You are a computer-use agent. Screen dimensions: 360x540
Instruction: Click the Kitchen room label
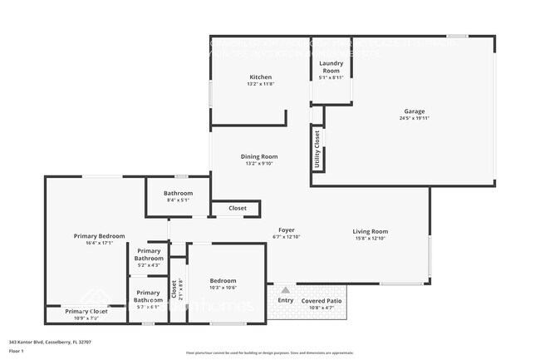point(260,76)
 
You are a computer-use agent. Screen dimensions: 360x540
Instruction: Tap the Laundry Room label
point(331,67)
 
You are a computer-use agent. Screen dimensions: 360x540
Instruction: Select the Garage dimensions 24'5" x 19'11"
point(414,118)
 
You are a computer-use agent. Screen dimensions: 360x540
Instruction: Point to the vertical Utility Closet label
point(317,148)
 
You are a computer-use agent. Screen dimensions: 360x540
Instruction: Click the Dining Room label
point(259,156)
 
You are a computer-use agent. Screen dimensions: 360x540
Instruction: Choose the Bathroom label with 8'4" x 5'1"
point(178,192)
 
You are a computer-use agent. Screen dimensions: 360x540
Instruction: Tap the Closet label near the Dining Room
point(238,208)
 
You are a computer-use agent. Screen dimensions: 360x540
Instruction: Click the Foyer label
point(286,230)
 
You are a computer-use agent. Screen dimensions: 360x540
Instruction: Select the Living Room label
point(370,231)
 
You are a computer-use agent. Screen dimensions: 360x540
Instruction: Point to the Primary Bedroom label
point(99,236)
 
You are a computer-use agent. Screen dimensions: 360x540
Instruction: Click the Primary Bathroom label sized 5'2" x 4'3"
point(149,254)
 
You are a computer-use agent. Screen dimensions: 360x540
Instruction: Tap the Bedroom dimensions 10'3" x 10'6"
point(223,288)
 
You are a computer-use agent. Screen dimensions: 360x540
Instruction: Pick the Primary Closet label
point(86,311)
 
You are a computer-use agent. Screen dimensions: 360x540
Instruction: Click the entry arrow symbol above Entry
point(286,290)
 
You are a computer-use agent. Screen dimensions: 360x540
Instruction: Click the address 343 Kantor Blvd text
point(49,342)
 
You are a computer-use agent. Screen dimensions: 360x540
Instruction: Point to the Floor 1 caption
point(16,351)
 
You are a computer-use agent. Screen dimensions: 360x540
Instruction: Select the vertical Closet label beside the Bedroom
point(174,288)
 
